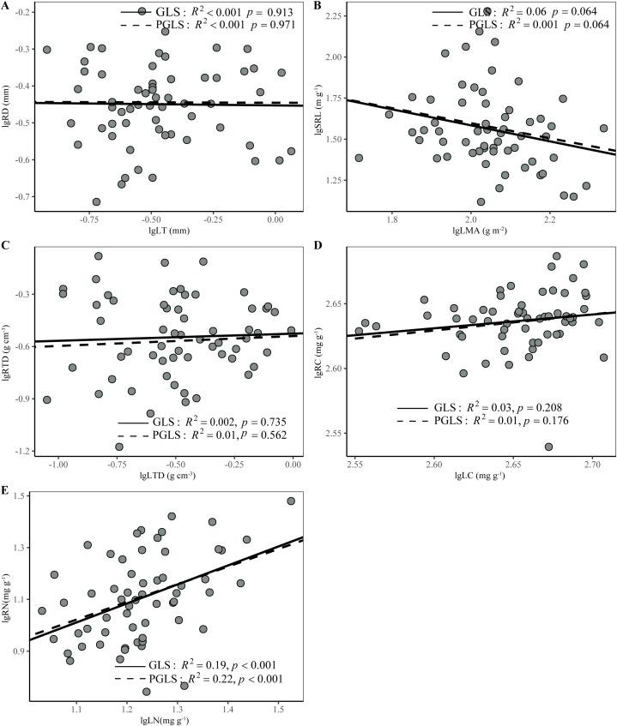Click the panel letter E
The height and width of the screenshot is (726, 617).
[7, 493]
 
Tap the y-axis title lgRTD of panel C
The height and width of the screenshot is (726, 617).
[7, 348]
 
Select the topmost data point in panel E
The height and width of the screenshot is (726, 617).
[291, 501]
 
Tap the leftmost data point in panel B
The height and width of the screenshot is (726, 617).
[359, 158]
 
